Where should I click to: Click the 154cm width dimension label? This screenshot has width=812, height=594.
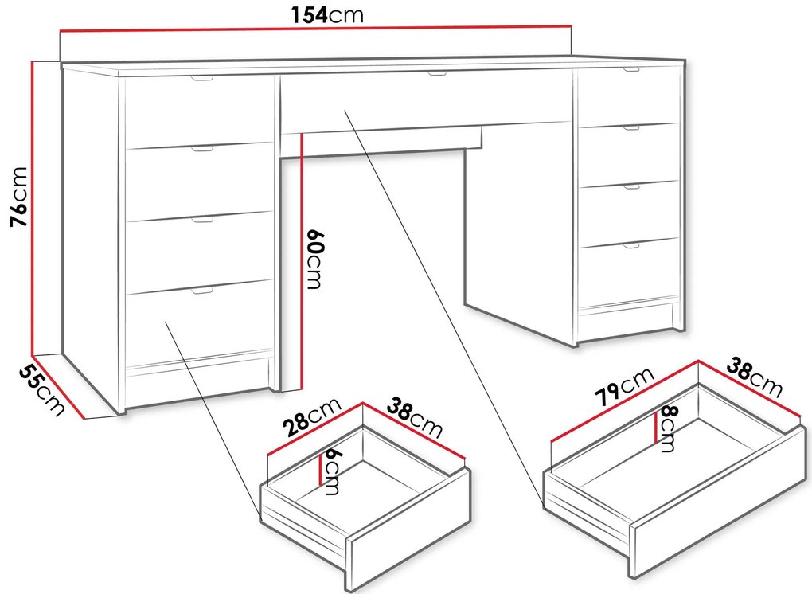point(327,14)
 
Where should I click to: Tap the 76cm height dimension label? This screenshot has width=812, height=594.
point(18,197)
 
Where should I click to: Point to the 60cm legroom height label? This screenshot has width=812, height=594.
point(314,259)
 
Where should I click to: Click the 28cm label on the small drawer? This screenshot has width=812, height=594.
point(312,416)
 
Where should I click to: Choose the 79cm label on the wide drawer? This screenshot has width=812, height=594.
point(624,386)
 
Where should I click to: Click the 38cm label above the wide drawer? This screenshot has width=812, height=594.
point(754,377)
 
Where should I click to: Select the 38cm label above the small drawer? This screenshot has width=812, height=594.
point(415,417)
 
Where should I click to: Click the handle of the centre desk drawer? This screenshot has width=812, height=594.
point(436,73)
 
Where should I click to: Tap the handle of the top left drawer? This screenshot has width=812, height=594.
point(201,79)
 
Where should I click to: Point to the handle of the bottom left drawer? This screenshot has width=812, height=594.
point(201,291)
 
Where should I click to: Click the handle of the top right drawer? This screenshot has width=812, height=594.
point(631,69)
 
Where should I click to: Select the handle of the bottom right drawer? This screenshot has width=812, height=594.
point(631,245)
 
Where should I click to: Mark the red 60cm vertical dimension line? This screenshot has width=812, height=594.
point(301,261)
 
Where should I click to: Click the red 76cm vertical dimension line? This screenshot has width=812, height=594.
point(33,208)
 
